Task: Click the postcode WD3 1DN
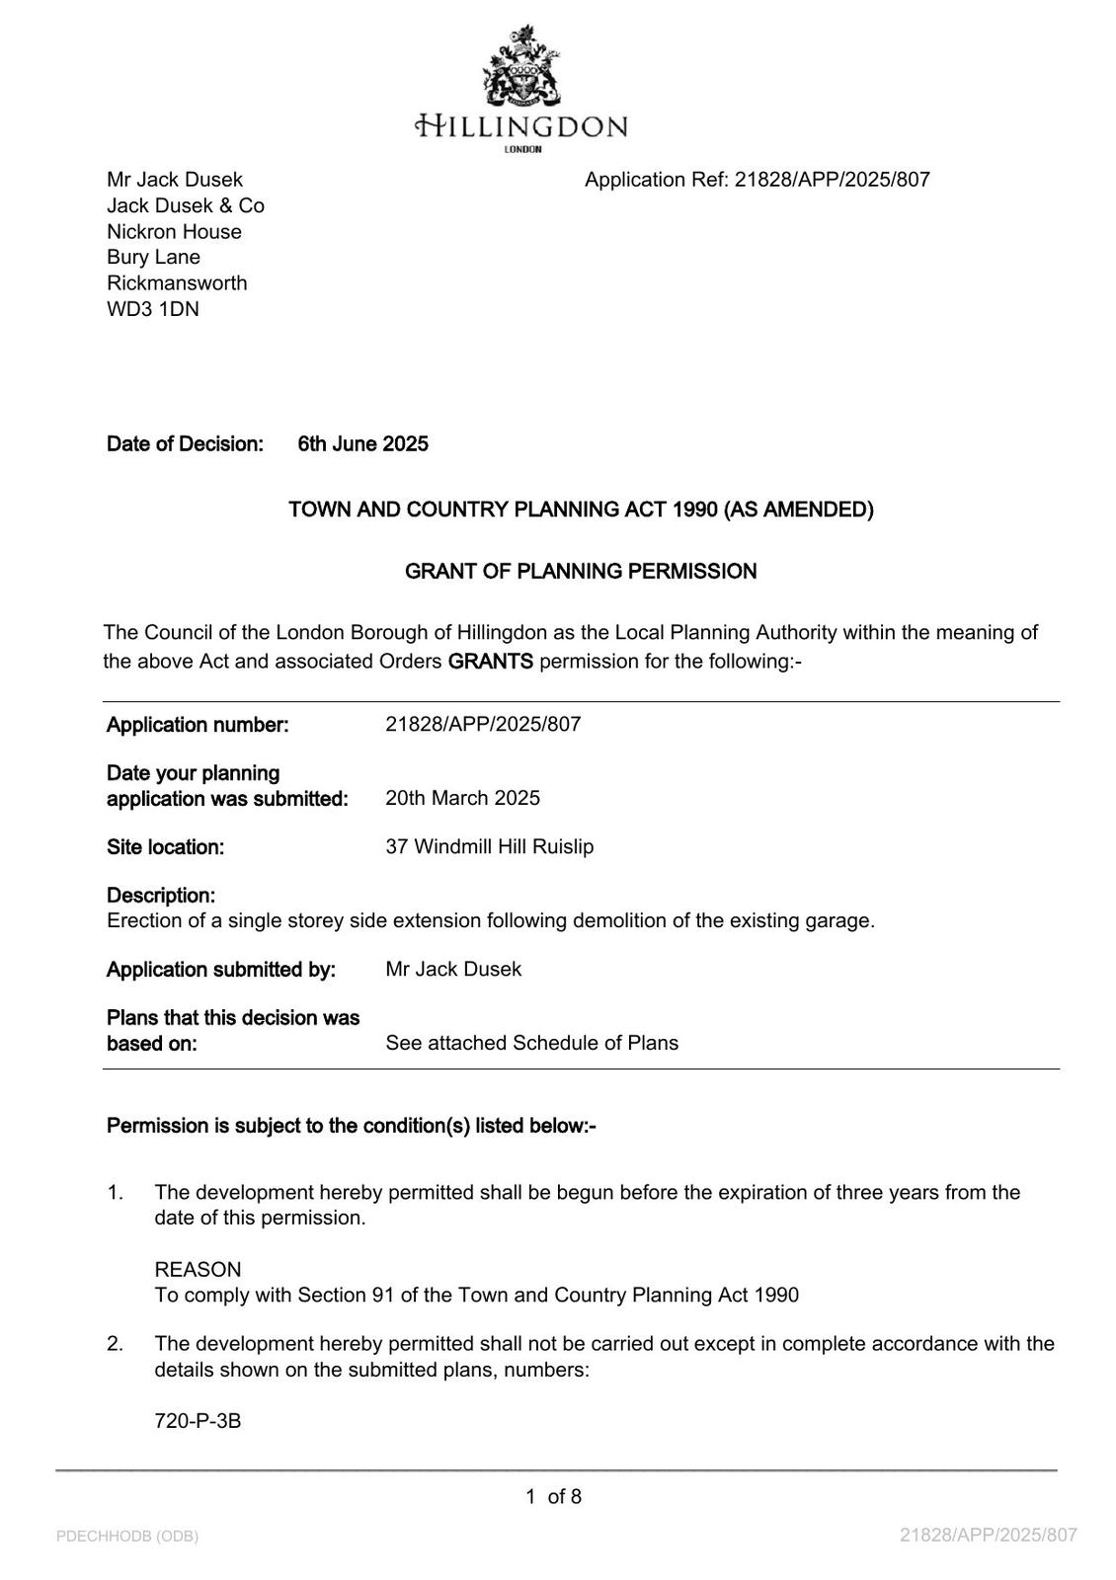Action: pos(153,309)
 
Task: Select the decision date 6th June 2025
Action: pos(362,444)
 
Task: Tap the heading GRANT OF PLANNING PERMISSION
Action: pos(581,572)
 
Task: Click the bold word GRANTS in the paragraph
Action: pos(490,662)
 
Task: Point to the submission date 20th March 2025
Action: pos(462,798)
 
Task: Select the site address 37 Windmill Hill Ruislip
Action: pos(489,847)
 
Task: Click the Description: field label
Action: pos(161,896)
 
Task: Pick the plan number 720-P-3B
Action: pos(198,1422)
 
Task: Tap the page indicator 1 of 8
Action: pos(553,1497)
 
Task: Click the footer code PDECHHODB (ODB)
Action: pos(127,1537)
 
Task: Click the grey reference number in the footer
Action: pos(988,1536)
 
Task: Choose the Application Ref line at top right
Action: pos(757,180)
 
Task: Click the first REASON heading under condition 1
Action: pos(198,1270)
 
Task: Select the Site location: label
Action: pos(165,847)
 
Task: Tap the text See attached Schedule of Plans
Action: pos(531,1044)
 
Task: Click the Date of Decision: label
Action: pos(185,444)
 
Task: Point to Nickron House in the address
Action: pos(174,232)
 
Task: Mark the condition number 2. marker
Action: pos(116,1344)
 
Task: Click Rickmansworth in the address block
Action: pos(177,283)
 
